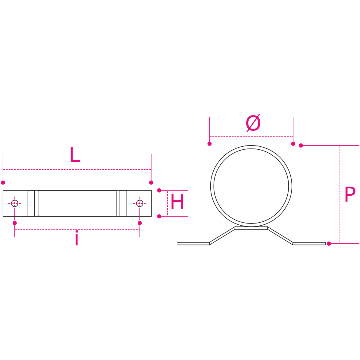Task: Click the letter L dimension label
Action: click(75, 155)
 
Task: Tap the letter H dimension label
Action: click(177, 202)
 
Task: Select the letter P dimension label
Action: click(350, 194)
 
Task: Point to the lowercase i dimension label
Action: click(77, 238)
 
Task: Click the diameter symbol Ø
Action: click(253, 123)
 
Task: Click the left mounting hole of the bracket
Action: click(15, 203)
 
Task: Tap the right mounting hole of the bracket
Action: click(139, 203)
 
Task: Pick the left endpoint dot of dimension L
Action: click(3, 182)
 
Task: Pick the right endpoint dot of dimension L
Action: click(151, 182)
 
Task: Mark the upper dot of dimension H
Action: click(159, 190)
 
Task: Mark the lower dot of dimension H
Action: click(159, 216)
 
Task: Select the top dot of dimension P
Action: click(301, 145)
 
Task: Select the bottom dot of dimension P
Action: click(329, 244)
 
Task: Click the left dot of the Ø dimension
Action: click(210, 144)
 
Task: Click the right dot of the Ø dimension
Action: click(293, 144)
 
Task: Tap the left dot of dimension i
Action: click(15, 223)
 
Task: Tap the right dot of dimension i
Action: click(140, 223)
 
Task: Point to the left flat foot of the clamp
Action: click(193, 243)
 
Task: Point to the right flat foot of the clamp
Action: click(309, 243)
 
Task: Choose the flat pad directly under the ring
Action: click(251, 228)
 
